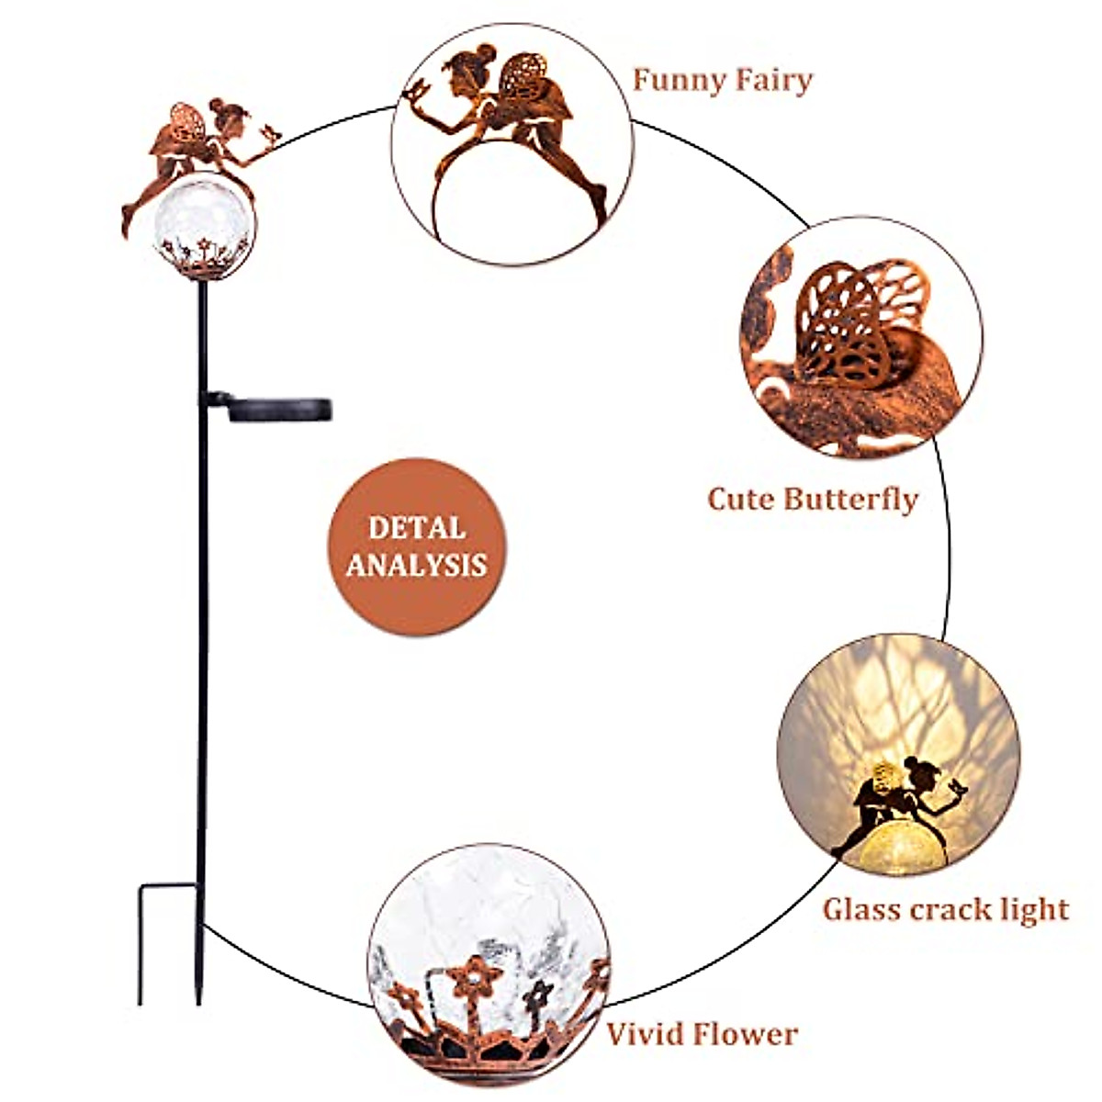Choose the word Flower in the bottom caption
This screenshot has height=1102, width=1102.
[x=747, y=1035]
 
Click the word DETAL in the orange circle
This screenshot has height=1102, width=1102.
[x=417, y=529]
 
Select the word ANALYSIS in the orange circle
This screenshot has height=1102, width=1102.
[x=417, y=565]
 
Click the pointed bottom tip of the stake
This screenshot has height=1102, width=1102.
[x=198, y=999]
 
